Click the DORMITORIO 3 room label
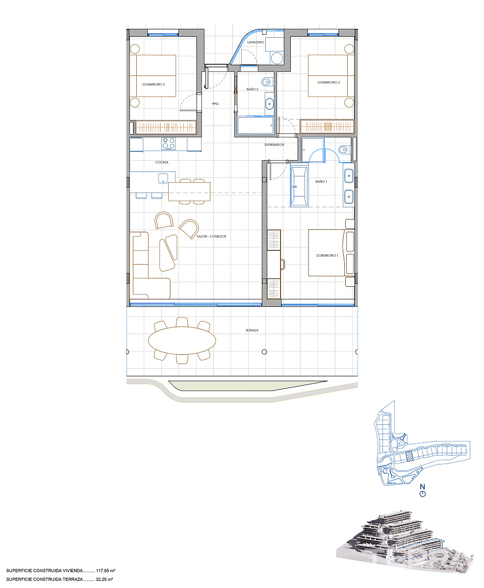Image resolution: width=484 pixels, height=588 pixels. point(153,84)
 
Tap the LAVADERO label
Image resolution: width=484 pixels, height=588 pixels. point(255,42)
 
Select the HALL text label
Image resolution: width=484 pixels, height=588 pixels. point(215,104)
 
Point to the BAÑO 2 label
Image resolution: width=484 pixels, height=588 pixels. point(252,89)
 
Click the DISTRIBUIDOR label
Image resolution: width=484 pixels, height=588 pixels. point(274,145)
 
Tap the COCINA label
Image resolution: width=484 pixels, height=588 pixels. point(162,162)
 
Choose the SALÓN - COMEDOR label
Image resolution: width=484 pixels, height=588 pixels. point(211,237)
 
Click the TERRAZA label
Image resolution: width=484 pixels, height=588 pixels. point(252,330)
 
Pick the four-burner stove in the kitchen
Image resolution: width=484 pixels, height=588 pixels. point(169,144)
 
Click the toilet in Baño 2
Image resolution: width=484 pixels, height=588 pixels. point(267,82)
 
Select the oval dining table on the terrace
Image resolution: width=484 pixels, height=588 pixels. point(182,341)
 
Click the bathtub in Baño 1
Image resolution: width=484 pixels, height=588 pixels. point(299,186)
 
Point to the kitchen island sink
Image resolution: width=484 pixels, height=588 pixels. point(163,178)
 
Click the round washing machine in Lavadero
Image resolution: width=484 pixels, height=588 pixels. point(277,58)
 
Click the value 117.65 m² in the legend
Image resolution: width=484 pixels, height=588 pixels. point(106,571)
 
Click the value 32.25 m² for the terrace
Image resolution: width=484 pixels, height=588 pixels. point(104,579)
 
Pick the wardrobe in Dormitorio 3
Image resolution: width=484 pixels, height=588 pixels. point(166,127)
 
